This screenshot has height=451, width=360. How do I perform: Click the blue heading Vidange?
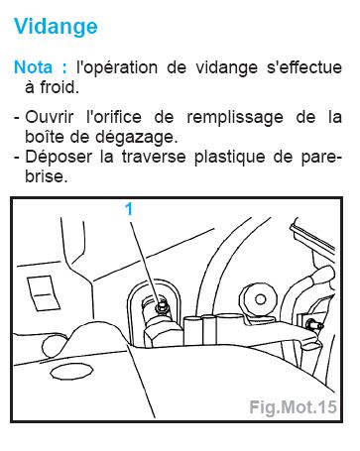click(56, 27)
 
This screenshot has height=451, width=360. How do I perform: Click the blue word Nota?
click(33, 67)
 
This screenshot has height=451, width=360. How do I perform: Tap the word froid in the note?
click(60, 87)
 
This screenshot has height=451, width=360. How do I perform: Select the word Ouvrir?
click(49, 117)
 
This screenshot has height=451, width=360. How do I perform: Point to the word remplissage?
click(235, 118)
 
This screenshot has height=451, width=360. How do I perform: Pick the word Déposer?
click(59, 158)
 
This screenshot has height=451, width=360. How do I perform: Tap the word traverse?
click(153, 157)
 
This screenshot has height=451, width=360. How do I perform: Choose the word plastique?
click(229, 158)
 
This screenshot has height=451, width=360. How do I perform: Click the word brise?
click(47, 175)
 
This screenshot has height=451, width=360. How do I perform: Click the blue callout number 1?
click(129, 209)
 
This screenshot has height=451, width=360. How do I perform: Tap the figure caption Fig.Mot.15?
click(293, 407)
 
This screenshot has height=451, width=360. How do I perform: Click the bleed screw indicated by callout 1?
click(162, 306)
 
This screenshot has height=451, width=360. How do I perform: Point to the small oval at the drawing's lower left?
click(70, 372)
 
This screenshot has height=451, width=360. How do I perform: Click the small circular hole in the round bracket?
click(261, 299)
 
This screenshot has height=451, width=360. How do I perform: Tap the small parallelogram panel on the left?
click(44, 293)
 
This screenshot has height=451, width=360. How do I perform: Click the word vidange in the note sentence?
click(226, 68)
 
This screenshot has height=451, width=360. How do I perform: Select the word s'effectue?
click(304, 67)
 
